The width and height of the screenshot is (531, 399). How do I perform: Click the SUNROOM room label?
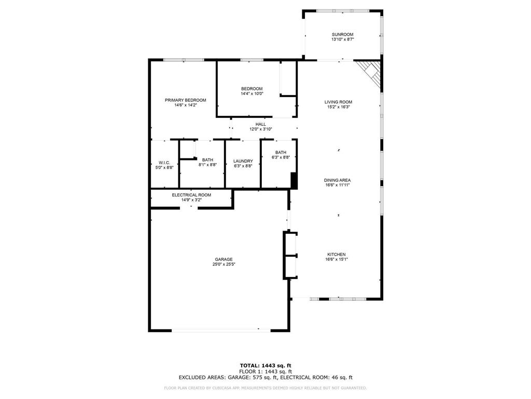click(x=342, y=35)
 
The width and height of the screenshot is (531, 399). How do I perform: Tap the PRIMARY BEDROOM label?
click(x=186, y=100)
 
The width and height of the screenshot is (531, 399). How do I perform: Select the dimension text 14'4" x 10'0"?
click(x=252, y=94)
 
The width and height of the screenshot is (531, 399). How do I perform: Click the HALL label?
click(x=260, y=125)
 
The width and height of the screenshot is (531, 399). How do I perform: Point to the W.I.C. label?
click(x=164, y=163)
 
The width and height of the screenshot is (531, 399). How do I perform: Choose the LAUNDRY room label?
click(x=243, y=161)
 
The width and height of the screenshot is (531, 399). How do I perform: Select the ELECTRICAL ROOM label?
click(x=191, y=195)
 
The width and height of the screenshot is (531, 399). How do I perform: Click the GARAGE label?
click(x=224, y=259)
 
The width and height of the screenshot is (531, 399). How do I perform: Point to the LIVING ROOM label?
click(x=339, y=102)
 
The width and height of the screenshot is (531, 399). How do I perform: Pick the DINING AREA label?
click(x=338, y=180)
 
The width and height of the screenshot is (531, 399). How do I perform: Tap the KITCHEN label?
click(x=336, y=255)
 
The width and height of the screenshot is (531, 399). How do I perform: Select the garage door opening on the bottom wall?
click(x=221, y=330)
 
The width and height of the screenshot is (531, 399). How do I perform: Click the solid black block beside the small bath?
click(x=294, y=181)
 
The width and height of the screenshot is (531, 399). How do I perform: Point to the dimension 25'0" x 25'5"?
click(x=224, y=264)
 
